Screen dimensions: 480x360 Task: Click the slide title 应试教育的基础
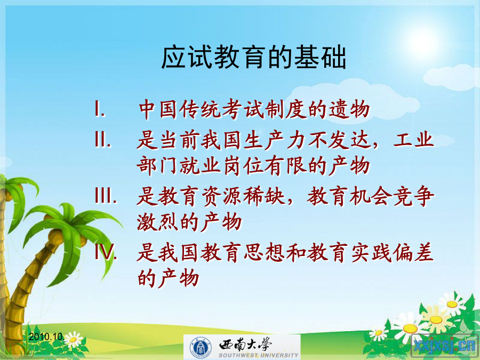(x=254, y=57)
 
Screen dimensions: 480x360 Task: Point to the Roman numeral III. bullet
(x=106, y=195)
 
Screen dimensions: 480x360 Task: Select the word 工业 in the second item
(x=413, y=140)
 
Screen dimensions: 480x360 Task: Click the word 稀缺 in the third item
(x=264, y=196)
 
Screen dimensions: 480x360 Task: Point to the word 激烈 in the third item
(x=157, y=222)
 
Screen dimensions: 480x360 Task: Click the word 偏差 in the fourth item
(x=414, y=253)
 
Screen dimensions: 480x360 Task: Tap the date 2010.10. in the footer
(x=46, y=337)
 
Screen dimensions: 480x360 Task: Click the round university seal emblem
(x=201, y=347)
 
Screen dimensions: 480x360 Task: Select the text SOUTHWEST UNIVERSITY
(x=258, y=355)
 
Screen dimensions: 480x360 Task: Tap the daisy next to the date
(x=74, y=340)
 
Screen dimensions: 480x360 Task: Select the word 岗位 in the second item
(x=243, y=166)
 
